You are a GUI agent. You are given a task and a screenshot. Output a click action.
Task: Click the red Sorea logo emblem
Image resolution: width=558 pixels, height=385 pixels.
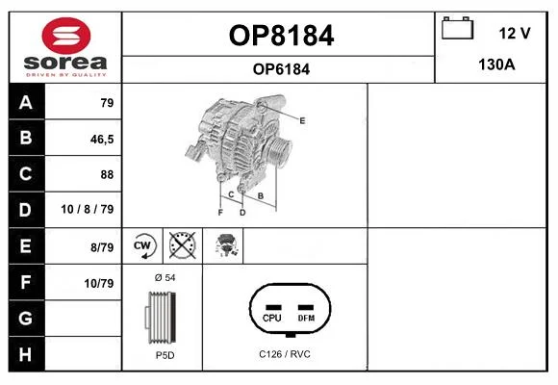[66, 36]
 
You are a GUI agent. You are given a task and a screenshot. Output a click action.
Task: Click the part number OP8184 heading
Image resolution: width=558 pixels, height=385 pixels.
[281, 36]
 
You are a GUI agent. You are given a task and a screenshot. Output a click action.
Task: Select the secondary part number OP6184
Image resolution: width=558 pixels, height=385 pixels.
[281, 69]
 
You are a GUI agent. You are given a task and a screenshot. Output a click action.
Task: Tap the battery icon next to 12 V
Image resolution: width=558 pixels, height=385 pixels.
[457, 28]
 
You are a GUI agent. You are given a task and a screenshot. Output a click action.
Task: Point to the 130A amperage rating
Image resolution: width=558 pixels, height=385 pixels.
[496, 64]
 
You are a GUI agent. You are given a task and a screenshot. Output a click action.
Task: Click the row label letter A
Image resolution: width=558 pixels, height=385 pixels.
[26, 103]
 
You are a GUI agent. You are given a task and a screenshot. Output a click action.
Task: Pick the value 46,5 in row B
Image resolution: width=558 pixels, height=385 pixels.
[102, 140]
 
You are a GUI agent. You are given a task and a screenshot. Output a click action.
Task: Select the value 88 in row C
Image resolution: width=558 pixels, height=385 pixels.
[107, 174]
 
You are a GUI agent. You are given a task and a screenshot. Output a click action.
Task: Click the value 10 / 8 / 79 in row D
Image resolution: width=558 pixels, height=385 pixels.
[88, 209]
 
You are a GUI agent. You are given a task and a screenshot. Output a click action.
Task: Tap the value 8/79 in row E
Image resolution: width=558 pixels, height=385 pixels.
[102, 247]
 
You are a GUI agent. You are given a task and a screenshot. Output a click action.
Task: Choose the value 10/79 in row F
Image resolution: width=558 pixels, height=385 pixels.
[99, 284]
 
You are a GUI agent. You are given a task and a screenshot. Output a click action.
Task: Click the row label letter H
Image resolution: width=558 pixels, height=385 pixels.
[25, 354]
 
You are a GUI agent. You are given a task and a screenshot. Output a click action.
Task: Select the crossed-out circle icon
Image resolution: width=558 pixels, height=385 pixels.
[182, 245]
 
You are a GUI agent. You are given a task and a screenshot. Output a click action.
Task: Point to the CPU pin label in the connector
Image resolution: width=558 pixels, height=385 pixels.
[272, 318]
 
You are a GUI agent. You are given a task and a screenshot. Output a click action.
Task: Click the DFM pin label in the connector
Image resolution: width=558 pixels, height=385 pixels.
[306, 318]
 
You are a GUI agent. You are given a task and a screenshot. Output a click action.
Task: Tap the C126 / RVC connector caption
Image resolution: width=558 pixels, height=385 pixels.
[285, 354]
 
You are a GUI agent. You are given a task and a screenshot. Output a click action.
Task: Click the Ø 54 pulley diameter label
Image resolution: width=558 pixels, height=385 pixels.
[165, 277]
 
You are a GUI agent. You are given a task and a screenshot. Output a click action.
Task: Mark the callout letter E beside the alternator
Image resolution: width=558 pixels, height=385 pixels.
[302, 120]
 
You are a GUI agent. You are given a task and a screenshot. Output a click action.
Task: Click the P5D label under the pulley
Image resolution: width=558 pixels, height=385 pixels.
[165, 355]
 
